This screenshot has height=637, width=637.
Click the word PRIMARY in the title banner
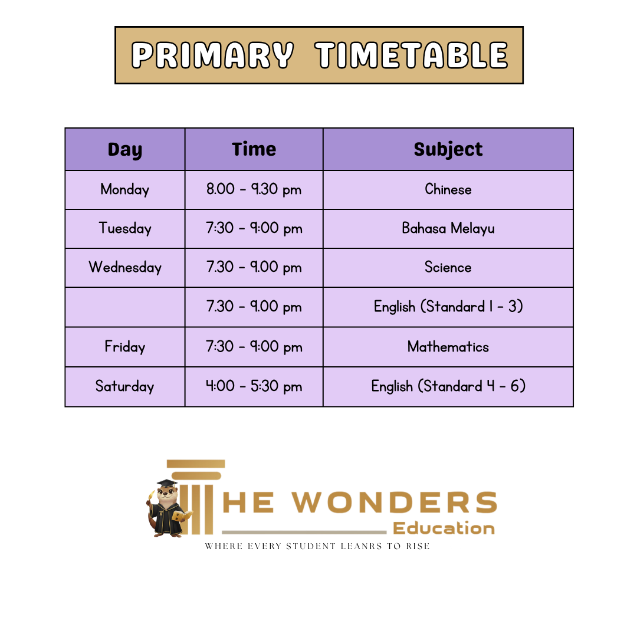[x=212, y=55]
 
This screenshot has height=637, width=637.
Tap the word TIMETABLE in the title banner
[x=412, y=55]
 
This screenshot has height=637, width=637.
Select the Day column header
[x=124, y=149]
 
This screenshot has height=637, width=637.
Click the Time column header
[x=254, y=149]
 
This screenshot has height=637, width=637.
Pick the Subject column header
[x=448, y=149]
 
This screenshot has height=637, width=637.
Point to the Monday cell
[x=124, y=190]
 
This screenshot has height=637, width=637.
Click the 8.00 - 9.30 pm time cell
[x=254, y=190]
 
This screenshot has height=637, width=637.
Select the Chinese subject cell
[x=448, y=190]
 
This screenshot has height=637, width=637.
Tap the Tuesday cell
[x=124, y=229]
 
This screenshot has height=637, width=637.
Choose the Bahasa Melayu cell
[x=448, y=229]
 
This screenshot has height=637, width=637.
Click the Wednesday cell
[x=124, y=268]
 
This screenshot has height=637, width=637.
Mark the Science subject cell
[x=448, y=268]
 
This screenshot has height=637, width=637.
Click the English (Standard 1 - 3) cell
[x=448, y=307]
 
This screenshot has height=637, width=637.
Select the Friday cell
[x=124, y=347]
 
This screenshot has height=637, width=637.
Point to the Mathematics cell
[x=448, y=347]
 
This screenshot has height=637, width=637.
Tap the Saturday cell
[x=124, y=386]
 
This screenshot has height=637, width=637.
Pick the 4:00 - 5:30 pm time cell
[x=254, y=386]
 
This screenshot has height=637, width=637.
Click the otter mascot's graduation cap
[x=167, y=484]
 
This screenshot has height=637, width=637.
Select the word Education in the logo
[x=444, y=528]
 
